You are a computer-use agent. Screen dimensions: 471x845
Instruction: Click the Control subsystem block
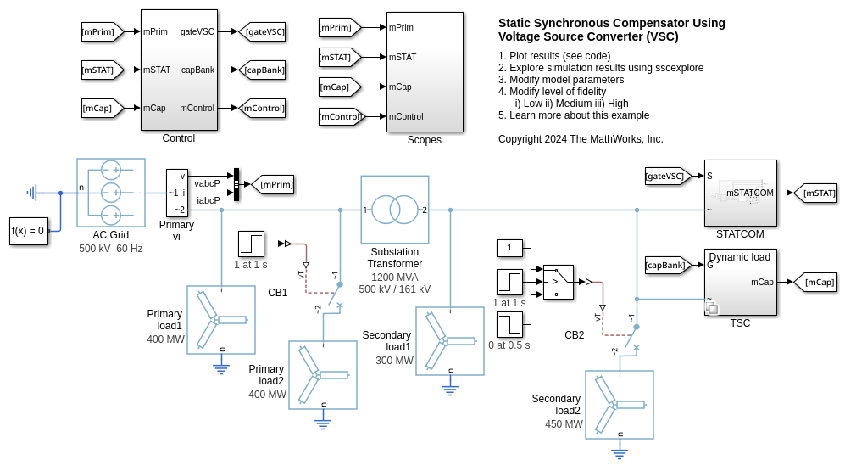[x=179, y=70]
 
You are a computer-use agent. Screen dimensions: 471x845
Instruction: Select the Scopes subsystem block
[x=425, y=72]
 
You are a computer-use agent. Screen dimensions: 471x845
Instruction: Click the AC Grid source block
[x=110, y=193]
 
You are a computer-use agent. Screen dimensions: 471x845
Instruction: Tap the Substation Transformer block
[x=394, y=210]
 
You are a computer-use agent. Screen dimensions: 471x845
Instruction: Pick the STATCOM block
[x=740, y=193]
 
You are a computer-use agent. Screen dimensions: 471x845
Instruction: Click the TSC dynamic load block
[x=740, y=283]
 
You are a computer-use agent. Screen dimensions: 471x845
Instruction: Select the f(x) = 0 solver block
[x=28, y=230]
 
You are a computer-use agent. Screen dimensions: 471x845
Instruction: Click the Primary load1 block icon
[x=220, y=320]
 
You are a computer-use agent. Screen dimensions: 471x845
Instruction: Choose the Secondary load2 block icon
[x=619, y=405]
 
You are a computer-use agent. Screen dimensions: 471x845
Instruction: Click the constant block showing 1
[x=509, y=249]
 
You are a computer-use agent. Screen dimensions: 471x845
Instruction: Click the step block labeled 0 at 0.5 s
[x=509, y=324]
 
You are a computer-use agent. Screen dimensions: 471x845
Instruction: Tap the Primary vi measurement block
[x=177, y=193]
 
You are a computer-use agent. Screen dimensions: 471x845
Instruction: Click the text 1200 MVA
[x=394, y=277]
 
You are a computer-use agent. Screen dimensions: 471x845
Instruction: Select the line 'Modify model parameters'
[x=561, y=80]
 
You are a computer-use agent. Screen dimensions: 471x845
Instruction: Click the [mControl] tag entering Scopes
[x=341, y=116]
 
